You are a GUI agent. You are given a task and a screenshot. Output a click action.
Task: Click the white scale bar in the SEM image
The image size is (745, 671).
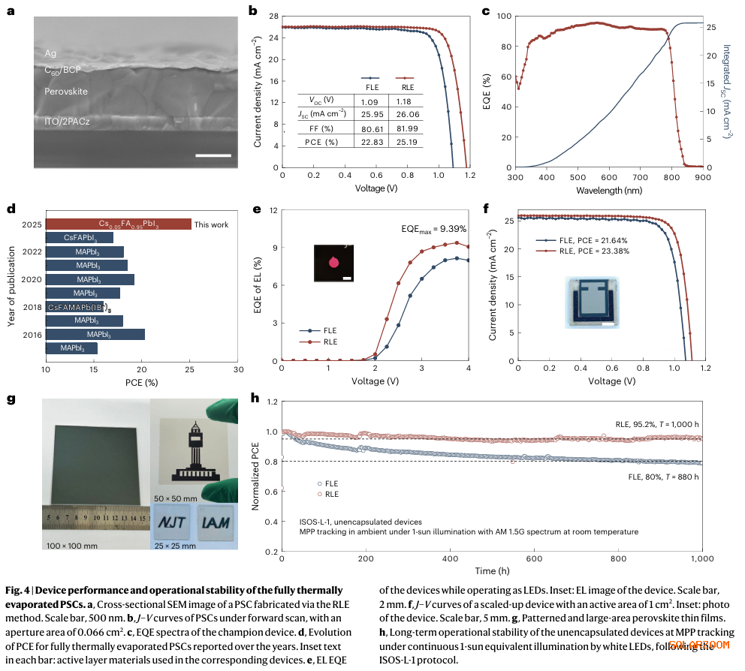[212, 155]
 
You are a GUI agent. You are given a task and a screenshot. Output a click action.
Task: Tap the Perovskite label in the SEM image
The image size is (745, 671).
[65, 91]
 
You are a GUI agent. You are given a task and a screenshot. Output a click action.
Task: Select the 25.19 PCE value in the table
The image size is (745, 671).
[406, 141]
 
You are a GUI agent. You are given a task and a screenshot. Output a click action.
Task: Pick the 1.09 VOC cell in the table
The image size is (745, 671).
[369, 100]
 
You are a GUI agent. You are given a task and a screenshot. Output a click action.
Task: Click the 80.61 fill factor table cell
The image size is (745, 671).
[369, 128]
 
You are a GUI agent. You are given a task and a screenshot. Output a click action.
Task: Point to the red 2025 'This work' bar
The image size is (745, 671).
[119, 224]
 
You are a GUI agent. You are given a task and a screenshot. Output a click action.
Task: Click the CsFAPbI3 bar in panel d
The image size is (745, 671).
[79, 238]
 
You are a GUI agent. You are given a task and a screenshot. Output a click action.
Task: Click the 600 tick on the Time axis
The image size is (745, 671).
[450, 560]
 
